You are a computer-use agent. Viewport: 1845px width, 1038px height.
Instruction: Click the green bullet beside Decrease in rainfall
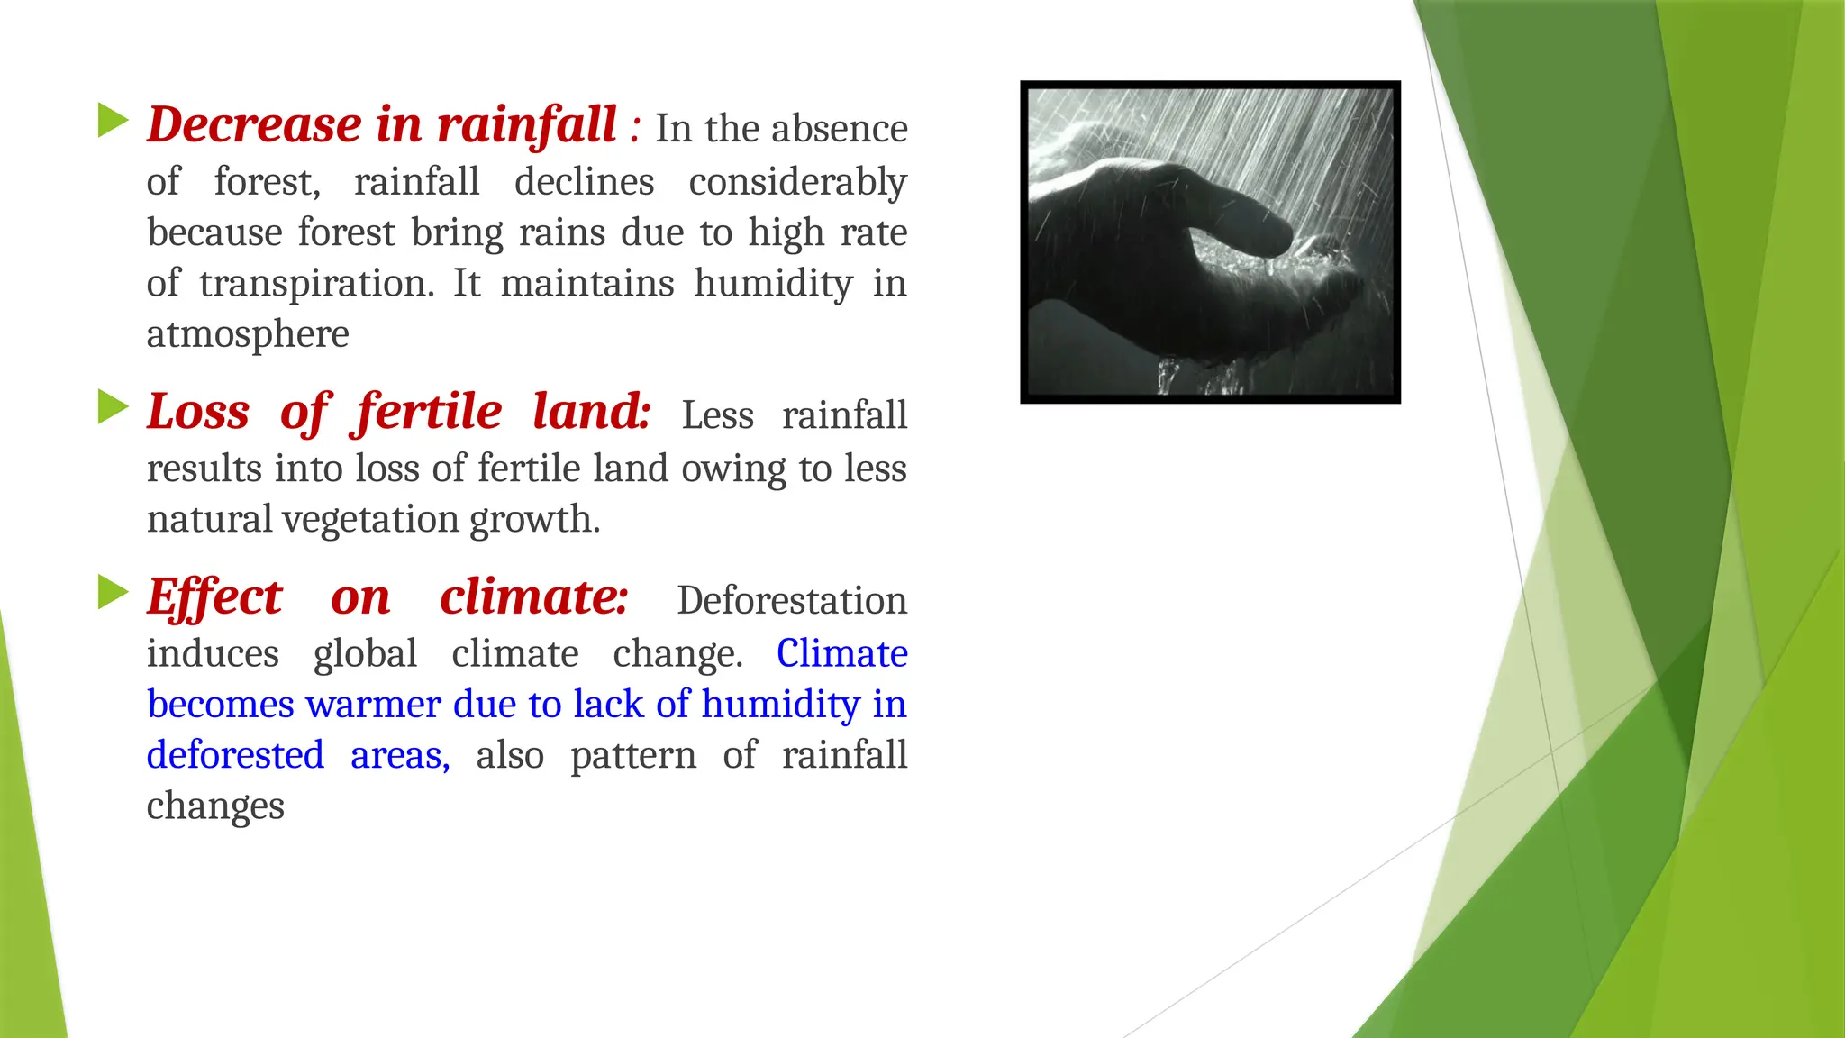click(113, 121)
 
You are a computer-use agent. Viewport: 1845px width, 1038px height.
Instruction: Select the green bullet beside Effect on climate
click(113, 592)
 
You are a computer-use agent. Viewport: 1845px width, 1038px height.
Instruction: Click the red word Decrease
click(255, 124)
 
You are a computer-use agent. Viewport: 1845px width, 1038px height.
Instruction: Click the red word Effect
click(214, 597)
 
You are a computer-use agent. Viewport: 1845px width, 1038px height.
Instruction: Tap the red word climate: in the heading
click(533, 597)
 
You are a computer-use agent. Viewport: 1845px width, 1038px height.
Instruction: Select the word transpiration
click(316, 284)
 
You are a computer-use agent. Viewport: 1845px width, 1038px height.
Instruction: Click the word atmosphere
click(248, 334)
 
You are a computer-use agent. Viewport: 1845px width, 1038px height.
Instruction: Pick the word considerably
click(797, 182)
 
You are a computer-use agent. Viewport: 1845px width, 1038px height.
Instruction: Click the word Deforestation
click(792, 601)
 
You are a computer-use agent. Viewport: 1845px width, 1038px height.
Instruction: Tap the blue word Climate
click(841, 653)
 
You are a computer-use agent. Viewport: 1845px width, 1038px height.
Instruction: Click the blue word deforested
click(235, 755)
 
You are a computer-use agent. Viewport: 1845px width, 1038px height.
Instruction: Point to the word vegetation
click(371, 520)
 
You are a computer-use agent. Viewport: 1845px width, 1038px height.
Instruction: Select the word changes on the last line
click(215, 806)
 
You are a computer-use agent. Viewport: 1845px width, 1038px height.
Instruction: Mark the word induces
click(213, 653)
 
